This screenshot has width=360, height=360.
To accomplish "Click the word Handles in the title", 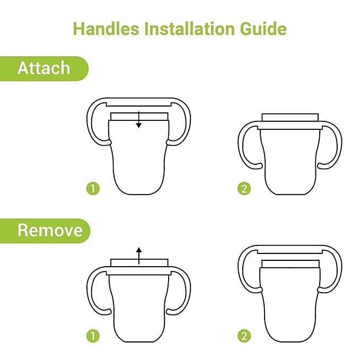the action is click(106, 29).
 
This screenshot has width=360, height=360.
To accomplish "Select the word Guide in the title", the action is click(263, 29).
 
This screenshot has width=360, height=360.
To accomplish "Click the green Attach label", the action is click(43, 68).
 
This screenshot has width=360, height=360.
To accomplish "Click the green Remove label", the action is click(45, 231).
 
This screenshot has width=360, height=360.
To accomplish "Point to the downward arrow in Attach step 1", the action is click(139, 120).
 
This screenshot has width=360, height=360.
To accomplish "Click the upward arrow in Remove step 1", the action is click(139, 256).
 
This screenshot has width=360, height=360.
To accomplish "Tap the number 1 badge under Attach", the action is click(93, 189).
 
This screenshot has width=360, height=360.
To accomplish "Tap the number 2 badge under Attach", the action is click(244, 189).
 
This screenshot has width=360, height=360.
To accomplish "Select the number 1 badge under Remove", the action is click(93, 336).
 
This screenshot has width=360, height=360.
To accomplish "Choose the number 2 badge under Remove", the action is click(244, 336).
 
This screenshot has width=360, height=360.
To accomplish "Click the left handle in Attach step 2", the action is click(240, 147).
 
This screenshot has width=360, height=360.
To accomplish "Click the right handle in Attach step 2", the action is click(339, 147).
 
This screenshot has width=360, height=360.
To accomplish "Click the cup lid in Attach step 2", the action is click(290, 117).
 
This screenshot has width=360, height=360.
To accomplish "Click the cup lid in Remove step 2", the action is click(291, 264).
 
